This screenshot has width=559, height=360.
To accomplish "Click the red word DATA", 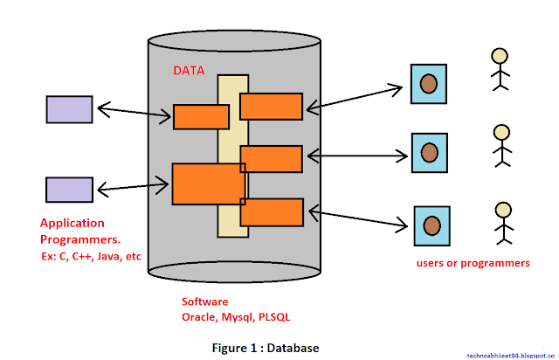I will point(188,70).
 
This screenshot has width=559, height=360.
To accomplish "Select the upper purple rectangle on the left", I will point(69,108).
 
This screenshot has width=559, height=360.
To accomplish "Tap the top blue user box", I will point(429,83).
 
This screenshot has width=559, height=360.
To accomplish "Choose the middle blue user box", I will point(429,152).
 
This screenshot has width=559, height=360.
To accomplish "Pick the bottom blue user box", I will point(431,225).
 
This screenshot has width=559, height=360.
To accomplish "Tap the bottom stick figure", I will point(502,222).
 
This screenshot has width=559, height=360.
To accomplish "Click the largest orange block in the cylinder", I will point(208,183).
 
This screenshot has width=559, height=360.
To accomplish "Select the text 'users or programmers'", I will point(473,262).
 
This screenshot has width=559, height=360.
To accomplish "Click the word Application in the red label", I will point(72,223).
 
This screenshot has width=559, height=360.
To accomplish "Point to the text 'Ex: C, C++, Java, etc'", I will point(91,256).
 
